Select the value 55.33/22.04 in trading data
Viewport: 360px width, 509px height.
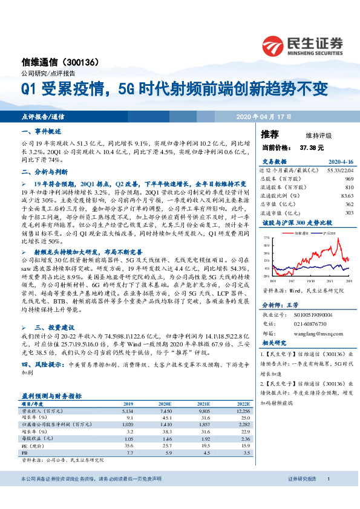tap(339, 171)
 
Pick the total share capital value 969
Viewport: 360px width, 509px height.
tap(349, 180)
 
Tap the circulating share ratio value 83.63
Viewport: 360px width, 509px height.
tap(347, 196)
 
